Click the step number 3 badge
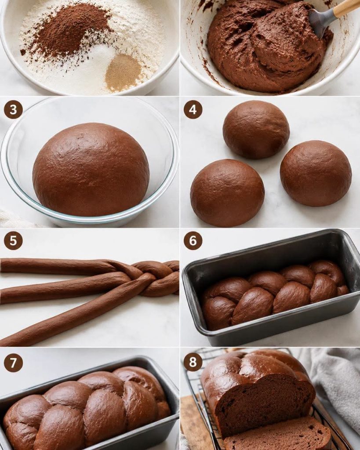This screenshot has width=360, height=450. (x=13, y=109)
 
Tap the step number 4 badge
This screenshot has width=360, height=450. (x=193, y=109)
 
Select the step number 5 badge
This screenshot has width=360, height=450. (x=13, y=240)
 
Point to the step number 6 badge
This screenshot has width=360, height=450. (x=193, y=240)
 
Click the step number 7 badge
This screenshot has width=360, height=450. (x=13, y=363)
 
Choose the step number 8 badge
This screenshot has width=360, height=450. (x=193, y=362)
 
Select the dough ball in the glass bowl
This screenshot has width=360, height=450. (x=91, y=169)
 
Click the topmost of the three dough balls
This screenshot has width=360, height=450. (x=256, y=130)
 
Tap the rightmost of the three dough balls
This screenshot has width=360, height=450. (x=316, y=173)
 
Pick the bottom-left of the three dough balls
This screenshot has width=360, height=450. (x=227, y=193)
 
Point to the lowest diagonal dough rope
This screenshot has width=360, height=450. (x=72, y=313)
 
